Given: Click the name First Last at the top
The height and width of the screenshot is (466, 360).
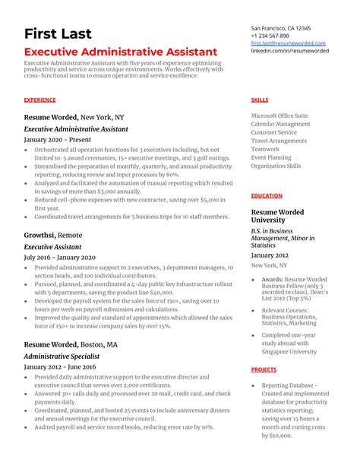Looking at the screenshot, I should click(58, 34).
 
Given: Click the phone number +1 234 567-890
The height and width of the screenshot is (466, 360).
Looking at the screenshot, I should click(270, 36).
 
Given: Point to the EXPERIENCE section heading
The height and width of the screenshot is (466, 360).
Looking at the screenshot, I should click(39, 100).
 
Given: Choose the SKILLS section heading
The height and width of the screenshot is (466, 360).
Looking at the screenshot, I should click(259, 100).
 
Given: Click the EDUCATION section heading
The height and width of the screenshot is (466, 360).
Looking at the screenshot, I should click(267, 195).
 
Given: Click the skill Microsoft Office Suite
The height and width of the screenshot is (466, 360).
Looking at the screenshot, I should click(279, 116).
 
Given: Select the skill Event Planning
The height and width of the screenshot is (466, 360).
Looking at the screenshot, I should click(271, 157).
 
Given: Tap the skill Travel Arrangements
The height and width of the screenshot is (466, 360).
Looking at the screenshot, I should click(279, 141).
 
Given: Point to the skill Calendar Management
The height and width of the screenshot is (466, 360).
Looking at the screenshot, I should click(280, 124).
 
